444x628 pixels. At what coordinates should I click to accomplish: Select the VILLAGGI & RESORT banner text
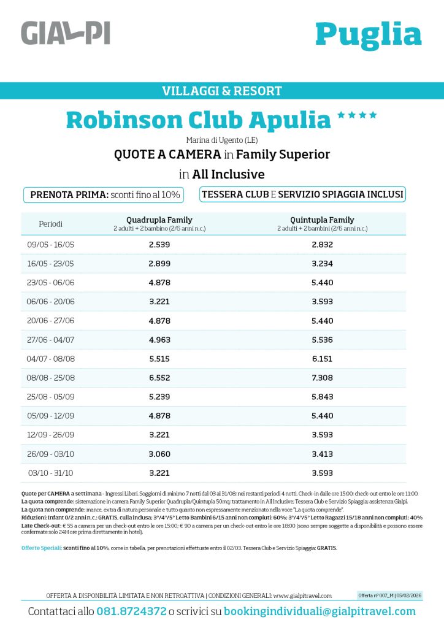click(x=222, y=91)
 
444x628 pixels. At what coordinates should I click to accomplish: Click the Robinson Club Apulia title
click(x=198, y=120)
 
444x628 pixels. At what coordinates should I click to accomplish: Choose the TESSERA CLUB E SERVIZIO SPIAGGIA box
click(x=302, y=194)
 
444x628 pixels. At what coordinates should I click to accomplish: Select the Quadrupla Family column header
click(x=159, y=220)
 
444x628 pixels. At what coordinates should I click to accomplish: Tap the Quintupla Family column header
click(x=322, y=220)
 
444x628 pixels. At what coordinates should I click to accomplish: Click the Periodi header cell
click(x=51, y=224)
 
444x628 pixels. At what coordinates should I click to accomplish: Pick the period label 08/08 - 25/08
click(x=51, y=378)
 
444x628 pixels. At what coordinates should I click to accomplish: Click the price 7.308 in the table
click(x=322, y=378)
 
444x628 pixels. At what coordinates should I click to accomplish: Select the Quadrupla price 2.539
click(x=159, y=245)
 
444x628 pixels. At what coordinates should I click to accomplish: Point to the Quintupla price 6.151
click(x=322, y=359)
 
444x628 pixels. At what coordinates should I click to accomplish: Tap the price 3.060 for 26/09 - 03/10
click(x=159, y=454)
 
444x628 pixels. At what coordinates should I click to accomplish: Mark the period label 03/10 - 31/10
click(x=51, y=473)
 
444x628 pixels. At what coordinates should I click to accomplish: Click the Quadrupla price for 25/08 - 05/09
click(x=159, y=397)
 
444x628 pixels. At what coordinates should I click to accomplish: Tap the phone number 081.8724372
click(x=131, y=611)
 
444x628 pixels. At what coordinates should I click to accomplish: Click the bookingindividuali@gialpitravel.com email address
click(x=320, y=611)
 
